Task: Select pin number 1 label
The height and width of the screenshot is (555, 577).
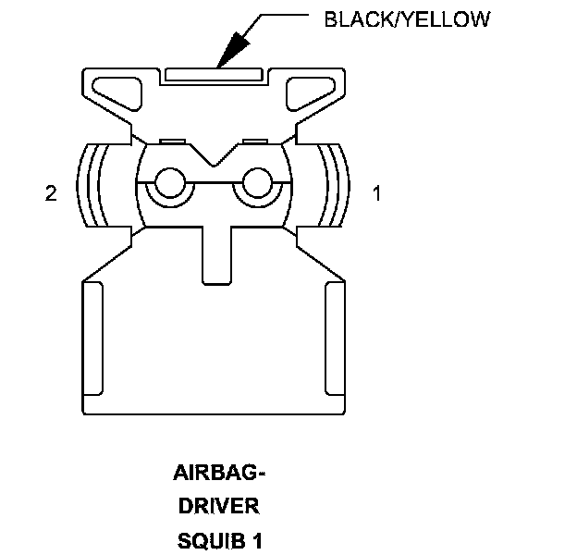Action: [x=376, y=193]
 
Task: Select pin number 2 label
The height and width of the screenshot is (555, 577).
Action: [x=52, y=193]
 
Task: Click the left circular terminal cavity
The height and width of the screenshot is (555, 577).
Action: [x=169, y=184]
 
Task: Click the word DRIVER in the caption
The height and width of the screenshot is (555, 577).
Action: [x=219, y=507]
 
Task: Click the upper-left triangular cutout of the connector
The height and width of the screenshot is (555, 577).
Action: [x=115, y=92]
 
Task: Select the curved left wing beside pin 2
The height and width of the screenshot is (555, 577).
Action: [x=92, y=186]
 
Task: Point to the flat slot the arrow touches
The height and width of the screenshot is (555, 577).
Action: [x=215, y=74]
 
